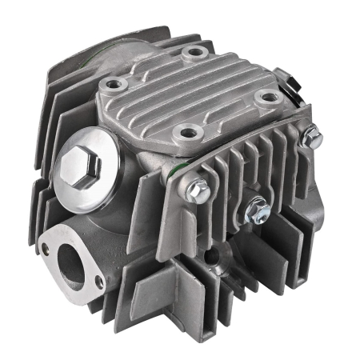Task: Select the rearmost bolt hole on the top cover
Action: [x=192, y=54]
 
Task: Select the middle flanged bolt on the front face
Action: [x=258, y=210]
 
